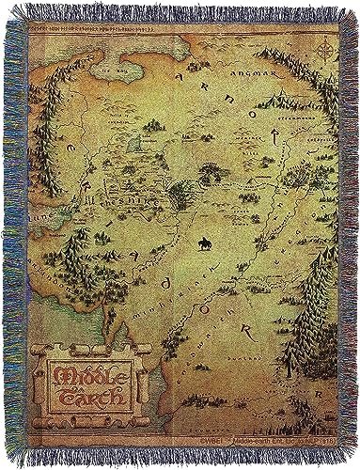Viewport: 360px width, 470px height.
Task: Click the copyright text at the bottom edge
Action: (x=235, y=438)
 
